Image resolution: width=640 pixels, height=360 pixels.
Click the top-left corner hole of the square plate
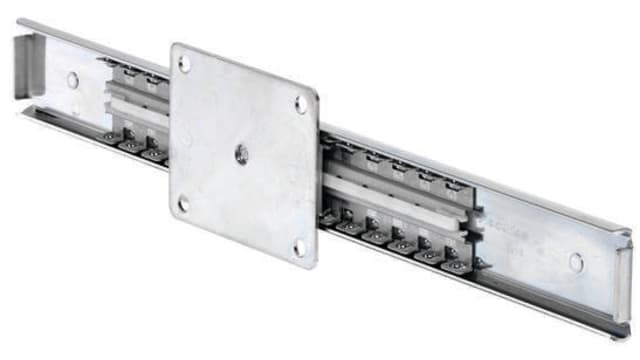185,63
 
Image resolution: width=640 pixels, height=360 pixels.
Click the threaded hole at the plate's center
240,152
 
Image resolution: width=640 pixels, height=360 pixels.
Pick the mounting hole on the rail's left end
72,80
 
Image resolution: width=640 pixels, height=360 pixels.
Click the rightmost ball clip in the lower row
454,265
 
